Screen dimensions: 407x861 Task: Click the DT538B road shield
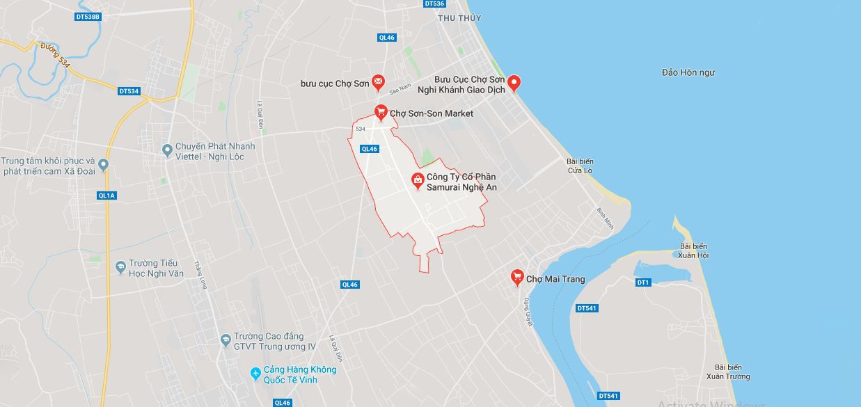point(87,16)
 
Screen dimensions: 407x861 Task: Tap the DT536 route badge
point(434,3)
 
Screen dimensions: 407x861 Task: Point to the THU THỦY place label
point(459,17)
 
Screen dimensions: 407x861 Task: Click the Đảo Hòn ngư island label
point(688,72)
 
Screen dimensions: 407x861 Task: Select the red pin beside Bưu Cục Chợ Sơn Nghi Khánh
point(514,83)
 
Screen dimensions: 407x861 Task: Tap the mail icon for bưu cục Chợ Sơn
point(378,83)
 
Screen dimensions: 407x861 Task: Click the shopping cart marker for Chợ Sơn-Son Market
point(381,112)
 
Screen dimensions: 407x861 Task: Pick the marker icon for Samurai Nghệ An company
point(417,181)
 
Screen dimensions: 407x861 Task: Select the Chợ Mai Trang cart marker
point(517,278)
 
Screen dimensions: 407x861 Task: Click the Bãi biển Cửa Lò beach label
point(580,166)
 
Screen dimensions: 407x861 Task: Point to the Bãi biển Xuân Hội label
point(693,251)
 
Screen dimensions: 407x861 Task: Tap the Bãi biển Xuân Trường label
point(728,372)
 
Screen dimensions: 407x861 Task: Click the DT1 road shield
point(642,282)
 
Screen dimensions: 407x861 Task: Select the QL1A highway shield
point(106,195)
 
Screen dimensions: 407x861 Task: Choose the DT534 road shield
point(129,90)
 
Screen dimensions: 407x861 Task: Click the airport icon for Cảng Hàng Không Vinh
point(255,374)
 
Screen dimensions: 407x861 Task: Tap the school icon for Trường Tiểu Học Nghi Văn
point(120,266)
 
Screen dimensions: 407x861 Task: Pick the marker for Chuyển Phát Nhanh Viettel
point(166,150)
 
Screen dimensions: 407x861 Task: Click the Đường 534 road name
point(55,56)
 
